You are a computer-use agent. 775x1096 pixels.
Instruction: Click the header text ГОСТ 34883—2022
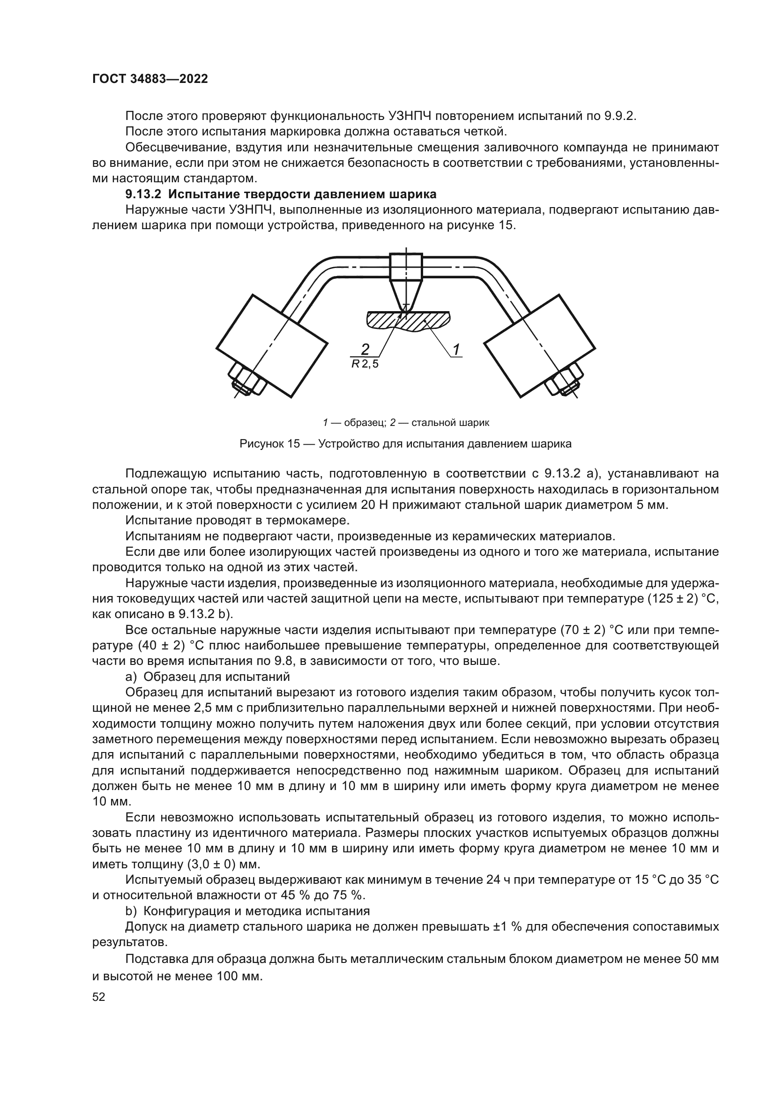(x=150, y=79)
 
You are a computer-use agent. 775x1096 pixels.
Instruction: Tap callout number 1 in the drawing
(x=456, y=350)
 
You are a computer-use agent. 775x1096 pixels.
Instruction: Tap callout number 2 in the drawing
(x=365, y=350)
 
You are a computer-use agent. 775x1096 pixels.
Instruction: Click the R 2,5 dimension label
(x=365, y=364)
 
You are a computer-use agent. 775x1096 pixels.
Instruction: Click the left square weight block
(x=272, y=346)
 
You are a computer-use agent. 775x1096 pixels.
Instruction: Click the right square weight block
(x=540, y=346)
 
